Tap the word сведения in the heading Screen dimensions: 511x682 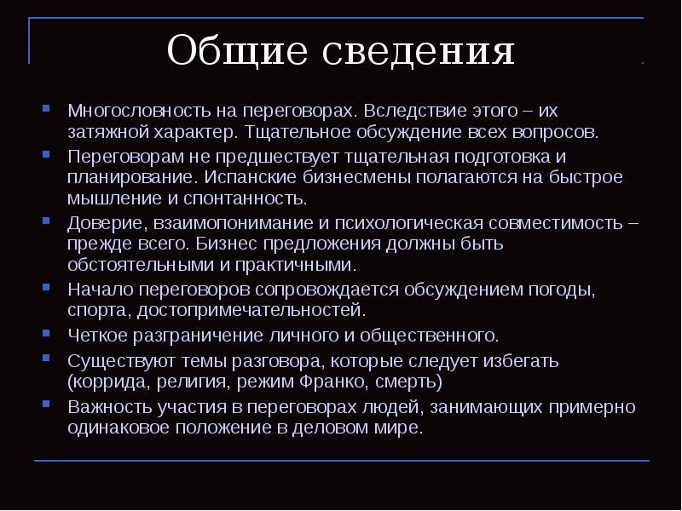420,52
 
